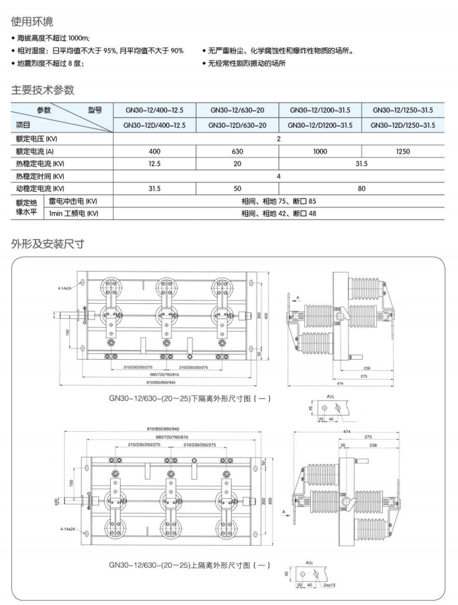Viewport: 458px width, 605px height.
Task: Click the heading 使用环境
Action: point(32,22)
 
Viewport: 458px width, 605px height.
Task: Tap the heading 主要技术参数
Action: point(43,90)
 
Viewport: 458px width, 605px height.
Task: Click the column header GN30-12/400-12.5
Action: point(154,110)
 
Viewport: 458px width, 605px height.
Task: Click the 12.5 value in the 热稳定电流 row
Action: point(154,163)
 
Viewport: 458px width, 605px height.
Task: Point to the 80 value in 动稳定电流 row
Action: point(362,188)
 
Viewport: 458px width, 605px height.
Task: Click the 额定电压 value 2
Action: point(279,138)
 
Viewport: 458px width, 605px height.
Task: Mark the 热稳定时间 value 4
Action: point(279,176)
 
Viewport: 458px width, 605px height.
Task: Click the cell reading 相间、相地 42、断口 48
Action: point(279,214)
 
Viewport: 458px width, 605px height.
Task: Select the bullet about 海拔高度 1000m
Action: point(54,39)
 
